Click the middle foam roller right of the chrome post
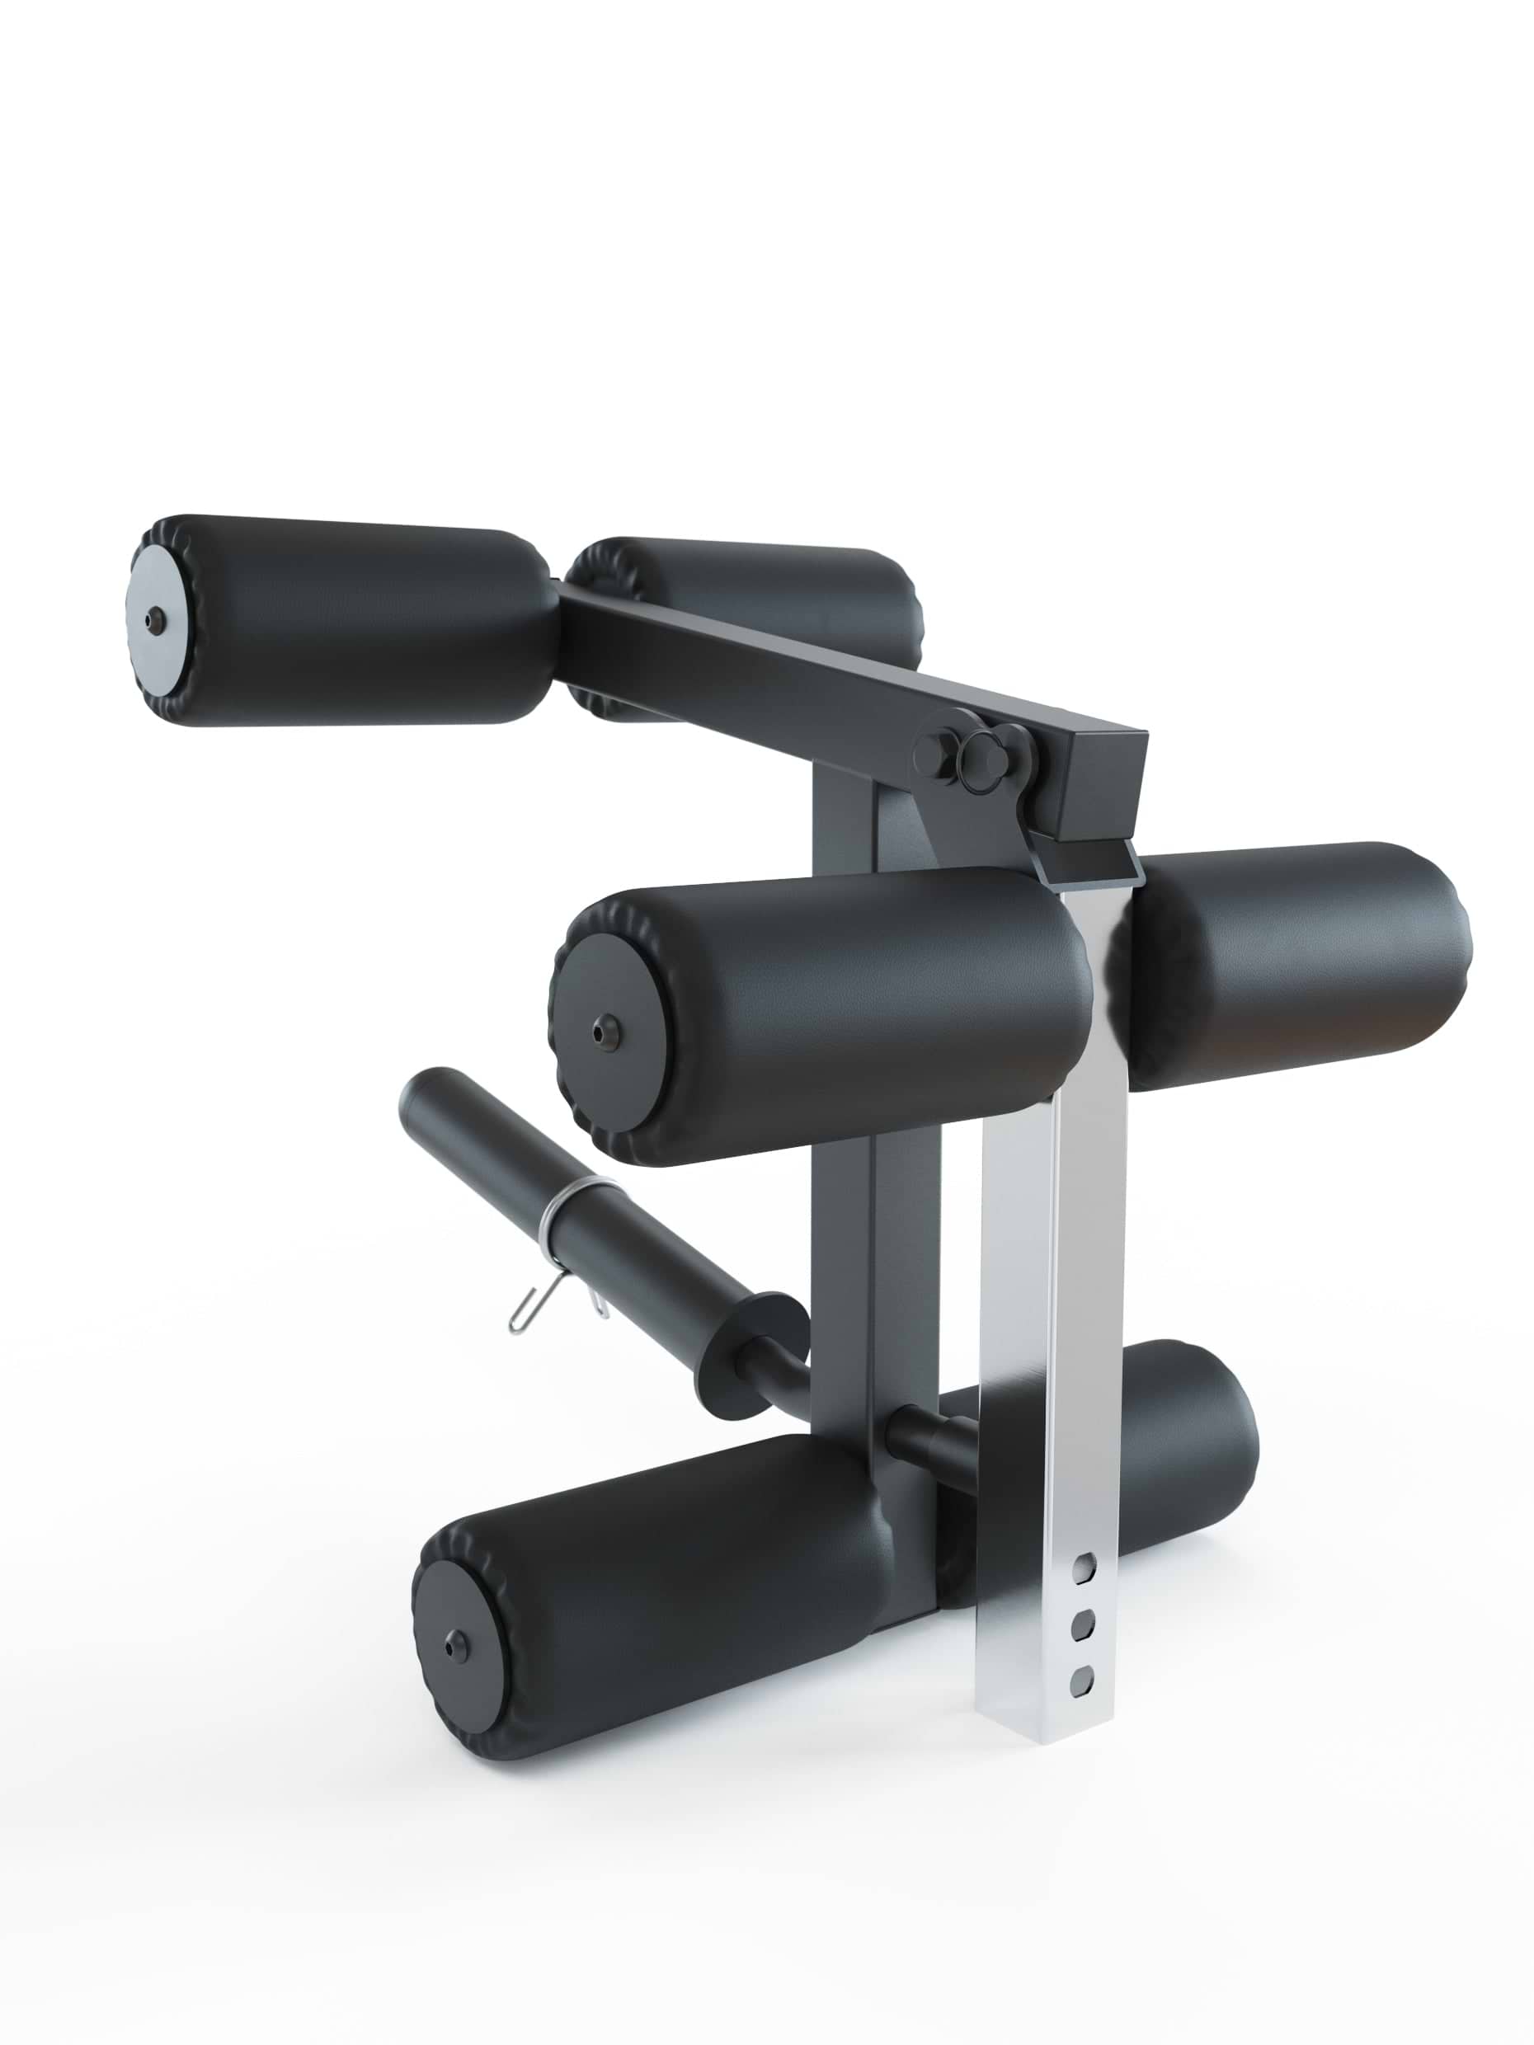[1295, 966]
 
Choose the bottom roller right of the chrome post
[1193, 1470]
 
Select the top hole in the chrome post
[1085, 1568]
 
